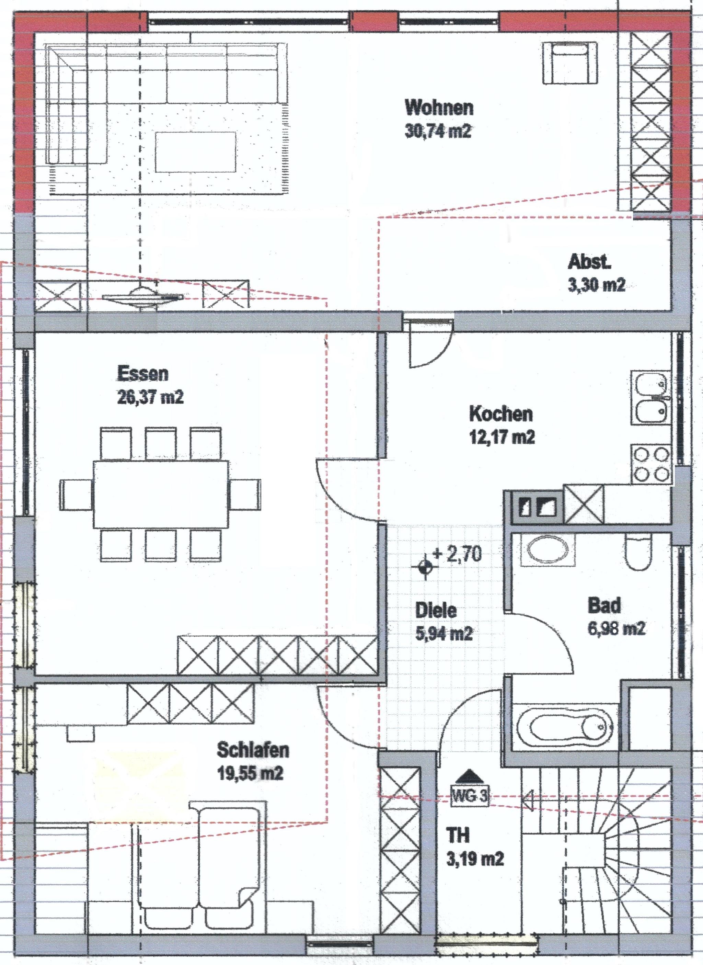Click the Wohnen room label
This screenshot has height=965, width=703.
click(x=439, y=108)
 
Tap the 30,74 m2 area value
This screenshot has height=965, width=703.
click(x=438, y=131)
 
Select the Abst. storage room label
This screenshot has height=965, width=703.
click(x=589, y=262)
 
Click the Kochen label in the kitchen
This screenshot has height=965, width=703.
click(x=501, y=414)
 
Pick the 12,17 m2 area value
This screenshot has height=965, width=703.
click(x=502, y=437)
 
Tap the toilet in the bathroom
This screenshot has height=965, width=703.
click(x=639, y=552)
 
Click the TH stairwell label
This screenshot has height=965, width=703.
click(x=458, y=835)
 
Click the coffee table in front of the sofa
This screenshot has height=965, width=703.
click(x=196, y=152)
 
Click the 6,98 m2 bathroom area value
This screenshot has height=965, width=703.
click(x=616, y=628)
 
